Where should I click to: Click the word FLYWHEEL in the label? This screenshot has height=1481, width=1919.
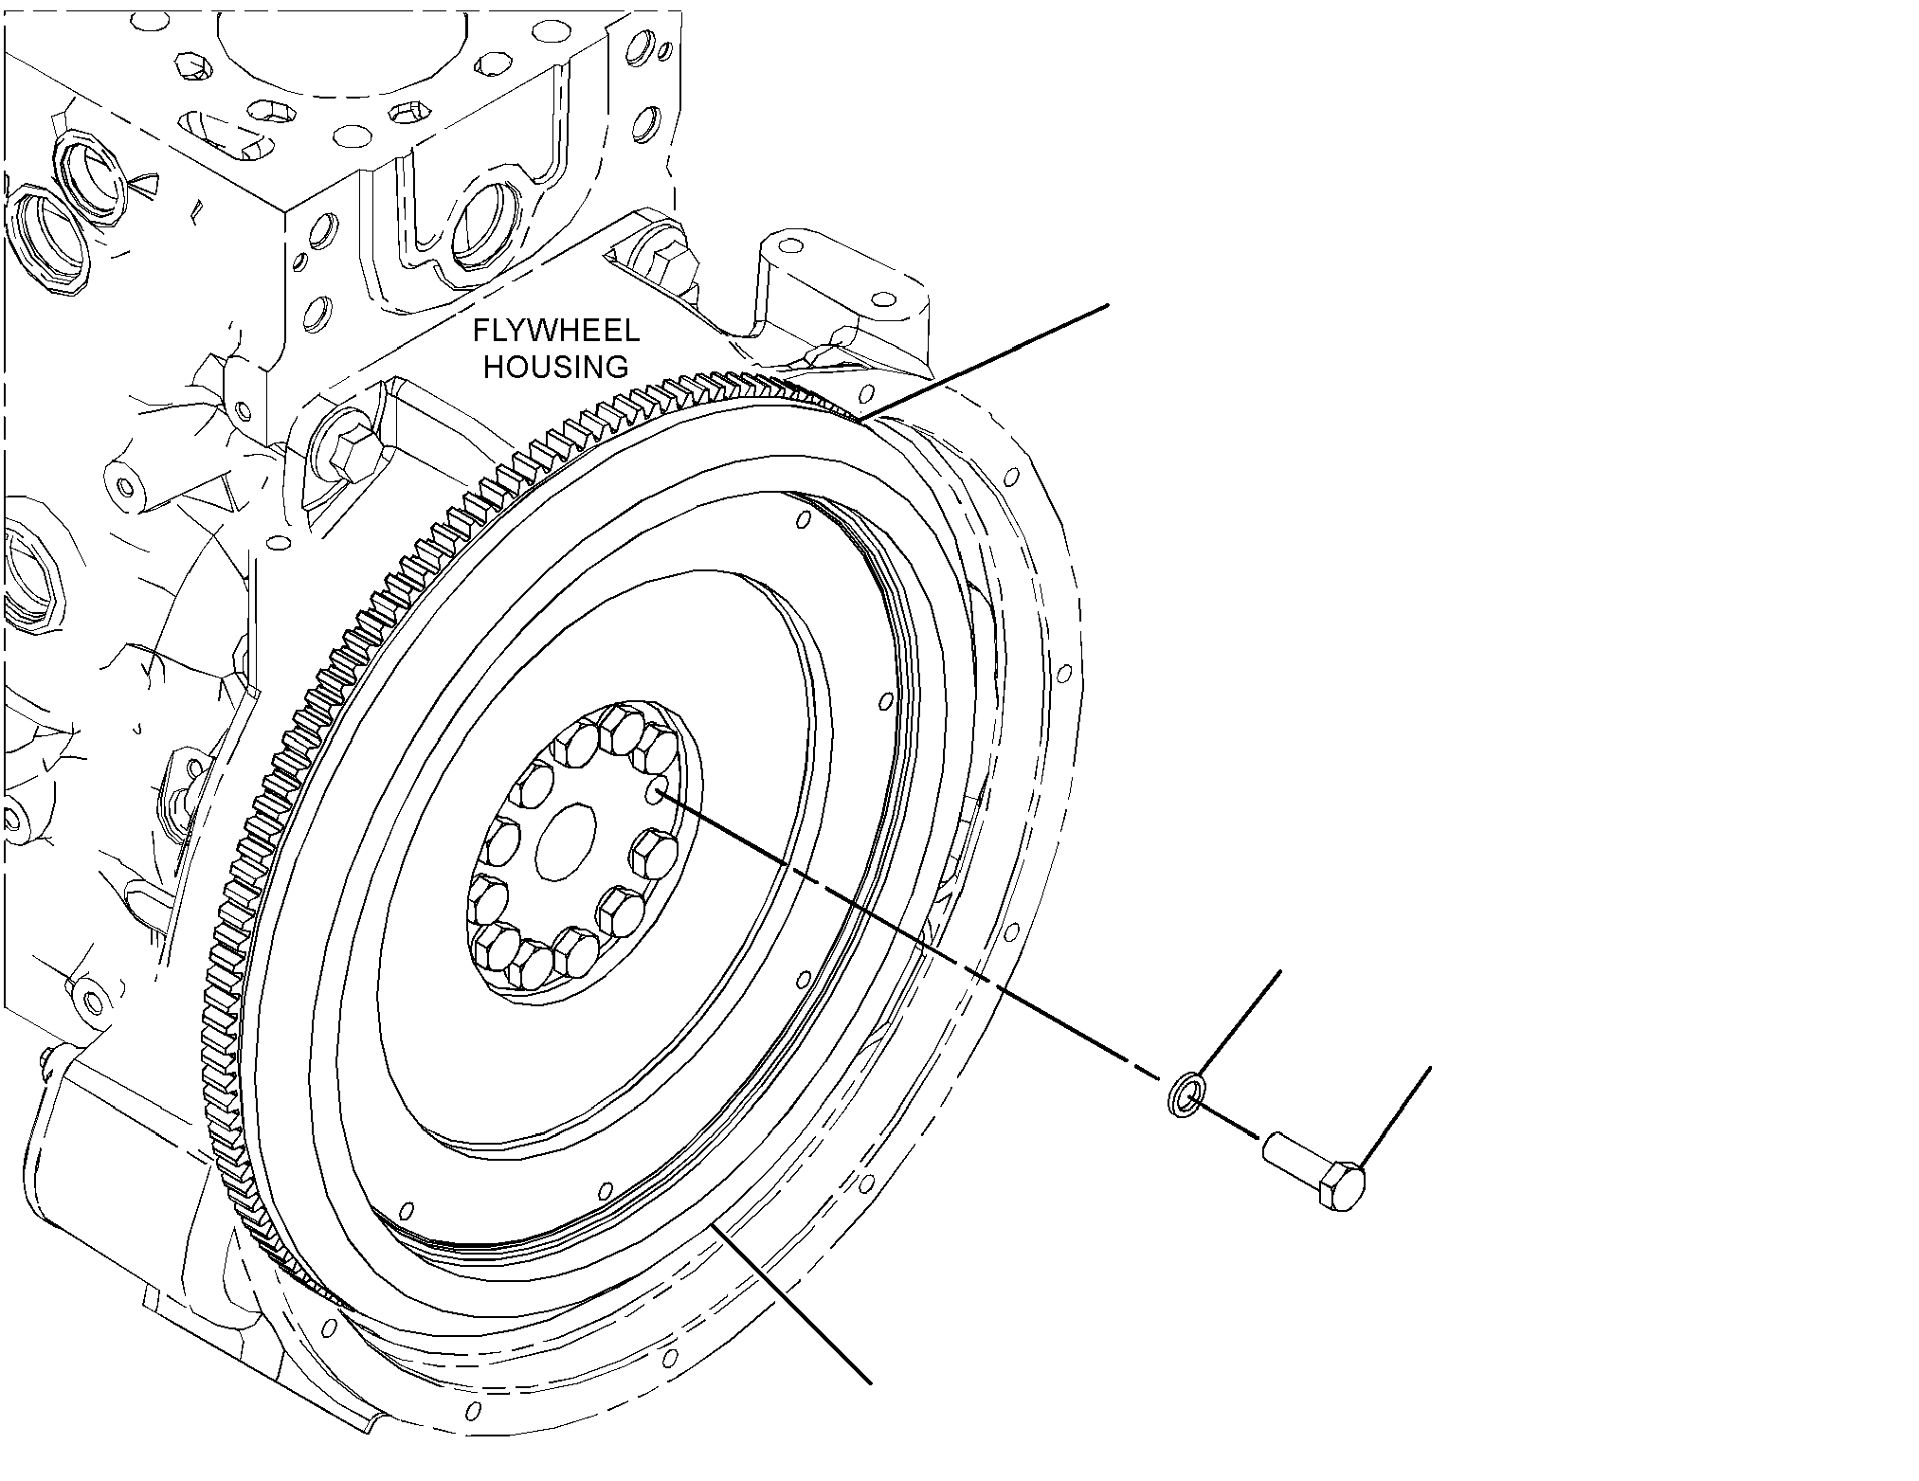[x=556, y=331]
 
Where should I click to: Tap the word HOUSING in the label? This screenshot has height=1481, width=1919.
[x=556, y=366]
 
